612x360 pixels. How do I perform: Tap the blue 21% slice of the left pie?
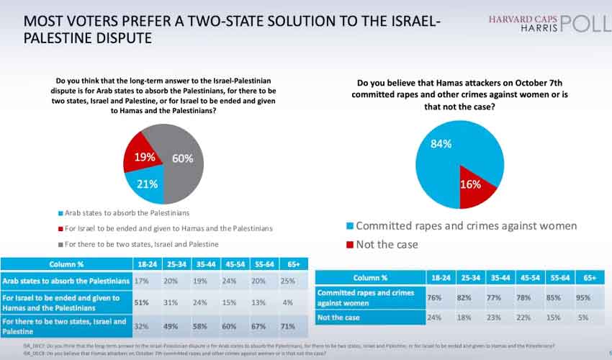[x=148, y=184]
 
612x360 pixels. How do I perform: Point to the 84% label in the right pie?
[x=441, y=143]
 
